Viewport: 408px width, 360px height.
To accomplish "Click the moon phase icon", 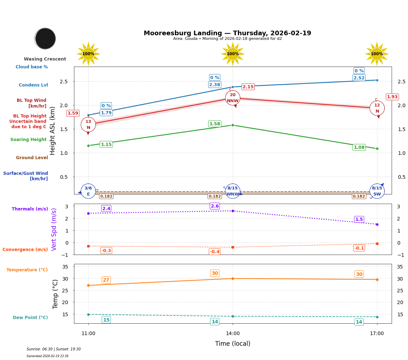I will [x=45, y=38].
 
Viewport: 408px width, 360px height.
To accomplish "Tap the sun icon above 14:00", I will [x=233, y=54].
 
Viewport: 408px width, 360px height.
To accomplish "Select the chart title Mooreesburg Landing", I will [x=227, y=33].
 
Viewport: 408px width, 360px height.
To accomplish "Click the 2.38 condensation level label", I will [x=214, y=85].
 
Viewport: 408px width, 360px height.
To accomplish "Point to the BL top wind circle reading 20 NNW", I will [x=233, y=98].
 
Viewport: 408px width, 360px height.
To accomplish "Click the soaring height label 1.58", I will [x=214, y=124].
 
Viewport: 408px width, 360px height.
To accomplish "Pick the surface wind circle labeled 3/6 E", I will [x=88, y=191].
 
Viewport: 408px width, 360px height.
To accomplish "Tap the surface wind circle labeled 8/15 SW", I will [x=377, y=191].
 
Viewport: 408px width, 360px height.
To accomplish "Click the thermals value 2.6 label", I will [x=214, y=206].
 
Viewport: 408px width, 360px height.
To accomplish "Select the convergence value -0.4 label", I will [x=214, y=252].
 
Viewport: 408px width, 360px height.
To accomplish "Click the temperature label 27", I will [x=106, y=280].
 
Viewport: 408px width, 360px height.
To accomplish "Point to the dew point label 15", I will [x=106, y=320].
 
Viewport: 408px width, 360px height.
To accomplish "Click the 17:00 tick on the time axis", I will [x=377, y=334].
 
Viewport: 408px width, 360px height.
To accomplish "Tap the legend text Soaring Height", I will [x=28, y=140].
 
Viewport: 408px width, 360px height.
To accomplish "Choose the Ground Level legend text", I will [x=32, y=158].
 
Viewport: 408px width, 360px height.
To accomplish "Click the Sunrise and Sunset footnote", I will [x=54, y=349].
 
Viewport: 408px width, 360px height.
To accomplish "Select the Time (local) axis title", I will [x=233, y=344].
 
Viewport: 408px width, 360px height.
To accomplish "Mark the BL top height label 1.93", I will [x=392, y=97].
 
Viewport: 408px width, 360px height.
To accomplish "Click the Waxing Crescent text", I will [x=45, y=59].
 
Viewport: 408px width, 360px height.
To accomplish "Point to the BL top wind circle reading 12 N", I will [x=377, y=108].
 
